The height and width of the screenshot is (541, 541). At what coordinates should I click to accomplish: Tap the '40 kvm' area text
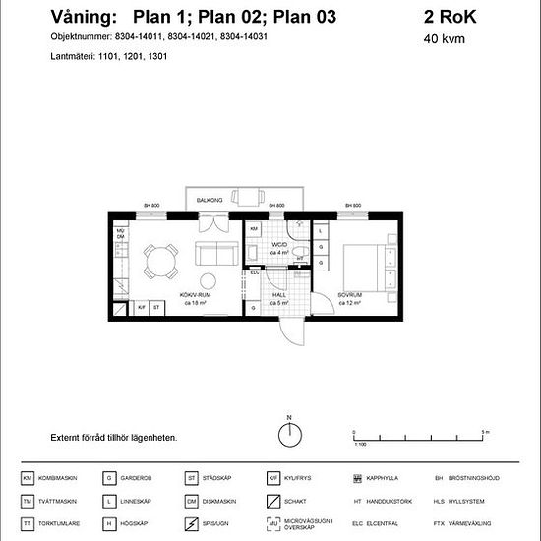[x=444, y=40]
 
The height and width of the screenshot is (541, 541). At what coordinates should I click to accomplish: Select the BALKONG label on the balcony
[x=210, y=200]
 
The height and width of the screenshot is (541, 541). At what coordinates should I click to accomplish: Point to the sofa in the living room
[x=210, y=256]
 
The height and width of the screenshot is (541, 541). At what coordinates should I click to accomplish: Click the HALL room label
[x=278, y=296]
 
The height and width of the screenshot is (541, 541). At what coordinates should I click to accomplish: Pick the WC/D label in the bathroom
[x=278, y=245]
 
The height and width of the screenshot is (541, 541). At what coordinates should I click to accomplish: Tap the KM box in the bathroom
[x=253, y=229]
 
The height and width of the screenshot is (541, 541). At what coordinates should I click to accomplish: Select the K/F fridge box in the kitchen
[x=142, y=308]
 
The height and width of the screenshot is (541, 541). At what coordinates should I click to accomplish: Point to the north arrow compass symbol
[x=288, y=431]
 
